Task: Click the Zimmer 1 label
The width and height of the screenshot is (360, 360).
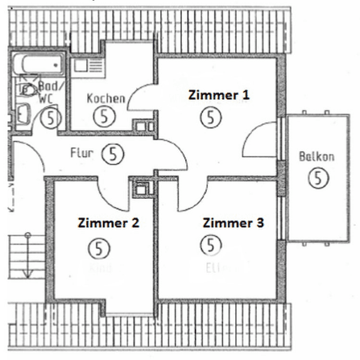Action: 218,94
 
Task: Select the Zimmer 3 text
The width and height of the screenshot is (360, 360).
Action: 233,222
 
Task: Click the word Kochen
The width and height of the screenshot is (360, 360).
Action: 106,98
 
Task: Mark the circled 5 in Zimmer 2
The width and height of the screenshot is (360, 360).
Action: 98,246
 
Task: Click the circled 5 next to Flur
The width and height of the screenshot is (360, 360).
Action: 114,151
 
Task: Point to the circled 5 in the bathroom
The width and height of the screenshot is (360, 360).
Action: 51,118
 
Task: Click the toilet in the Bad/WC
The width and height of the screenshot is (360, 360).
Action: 25,89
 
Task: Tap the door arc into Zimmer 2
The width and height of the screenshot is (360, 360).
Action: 110,192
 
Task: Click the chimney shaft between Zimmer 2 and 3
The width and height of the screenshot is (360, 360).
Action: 143,188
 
